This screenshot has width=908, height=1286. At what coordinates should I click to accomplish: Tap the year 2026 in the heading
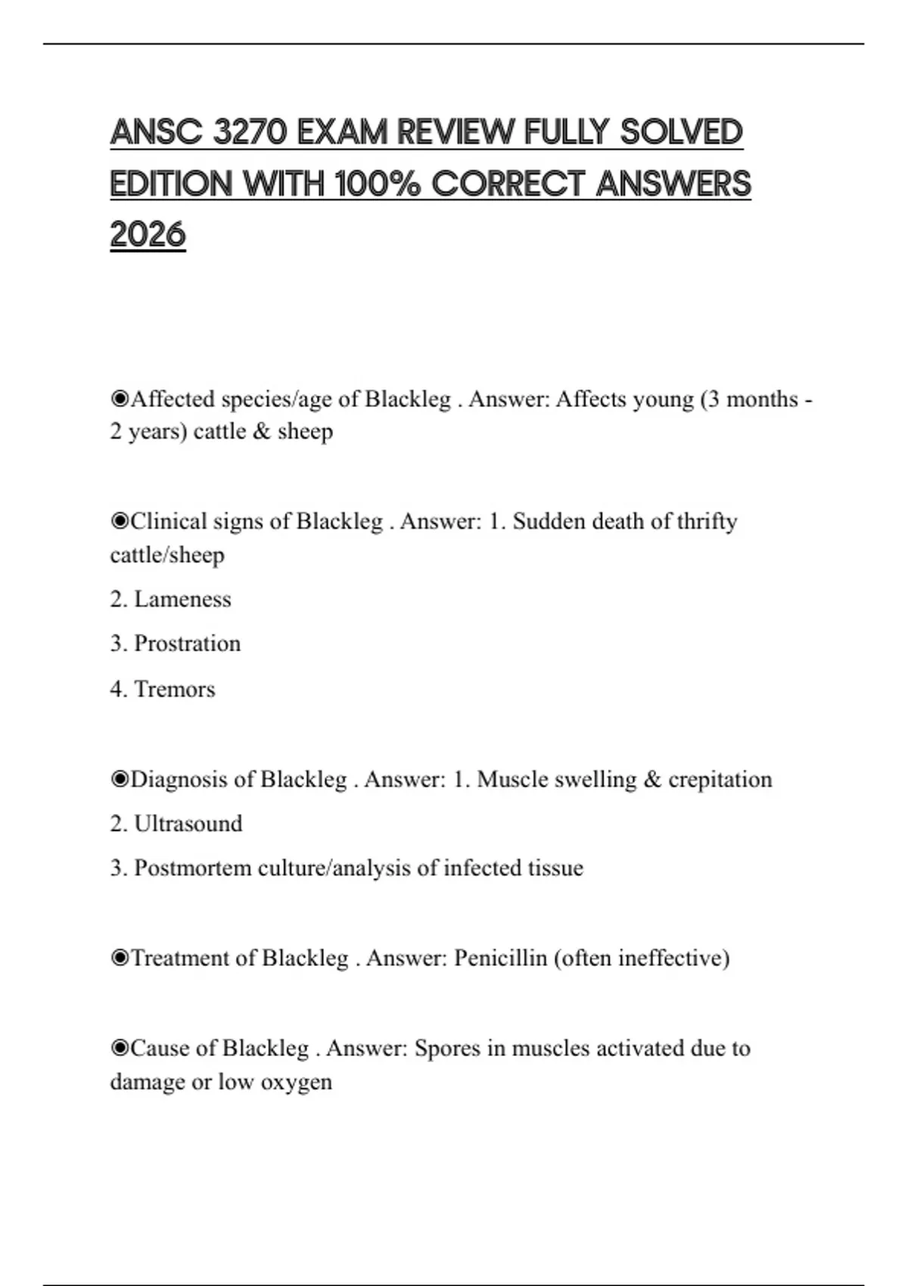point(148,235)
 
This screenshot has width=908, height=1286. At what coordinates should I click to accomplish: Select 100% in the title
point(376,184)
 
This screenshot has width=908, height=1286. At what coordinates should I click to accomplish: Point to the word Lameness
point(182,599)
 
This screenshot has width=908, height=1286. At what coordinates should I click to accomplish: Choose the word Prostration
point(187,644)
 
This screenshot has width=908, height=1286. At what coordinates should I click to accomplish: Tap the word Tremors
point(174,689)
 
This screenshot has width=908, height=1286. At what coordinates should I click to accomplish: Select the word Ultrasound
point(188,823)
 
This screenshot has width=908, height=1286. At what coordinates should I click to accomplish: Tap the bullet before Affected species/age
point(120,399)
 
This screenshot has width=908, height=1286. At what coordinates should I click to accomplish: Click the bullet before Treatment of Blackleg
point(120,958)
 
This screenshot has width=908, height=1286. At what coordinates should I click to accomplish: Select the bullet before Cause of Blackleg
point(120,1048)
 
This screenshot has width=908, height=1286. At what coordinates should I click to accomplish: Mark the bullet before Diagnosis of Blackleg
point(120,779)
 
